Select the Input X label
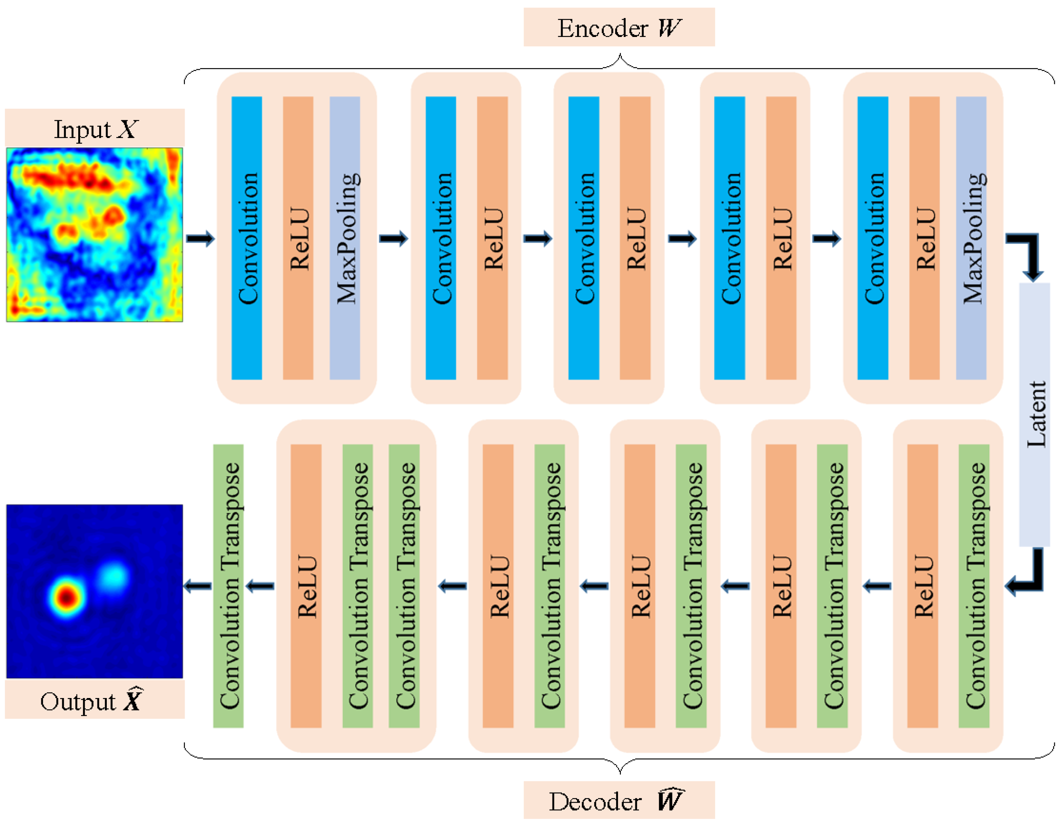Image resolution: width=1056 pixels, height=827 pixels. [95, 128]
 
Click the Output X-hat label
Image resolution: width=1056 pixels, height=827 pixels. [95, 700]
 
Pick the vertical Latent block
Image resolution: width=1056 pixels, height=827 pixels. [1034, 414]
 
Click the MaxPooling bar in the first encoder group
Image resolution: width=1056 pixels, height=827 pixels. [345, 238]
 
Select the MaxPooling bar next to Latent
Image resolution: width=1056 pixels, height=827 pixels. [971, 238]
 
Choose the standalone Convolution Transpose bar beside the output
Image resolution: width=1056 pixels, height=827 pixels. [228, 586]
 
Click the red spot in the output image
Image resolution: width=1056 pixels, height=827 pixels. [66, 597]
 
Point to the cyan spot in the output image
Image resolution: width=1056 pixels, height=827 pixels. [114, 576]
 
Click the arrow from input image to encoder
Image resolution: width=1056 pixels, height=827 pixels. [200, 238]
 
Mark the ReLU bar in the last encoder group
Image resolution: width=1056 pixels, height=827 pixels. [924, 238]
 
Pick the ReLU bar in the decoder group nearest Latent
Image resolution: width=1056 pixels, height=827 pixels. [922, 586]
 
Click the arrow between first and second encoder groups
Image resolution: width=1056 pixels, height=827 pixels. [394, 238]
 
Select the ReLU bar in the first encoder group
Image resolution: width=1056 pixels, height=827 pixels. [298, 238]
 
